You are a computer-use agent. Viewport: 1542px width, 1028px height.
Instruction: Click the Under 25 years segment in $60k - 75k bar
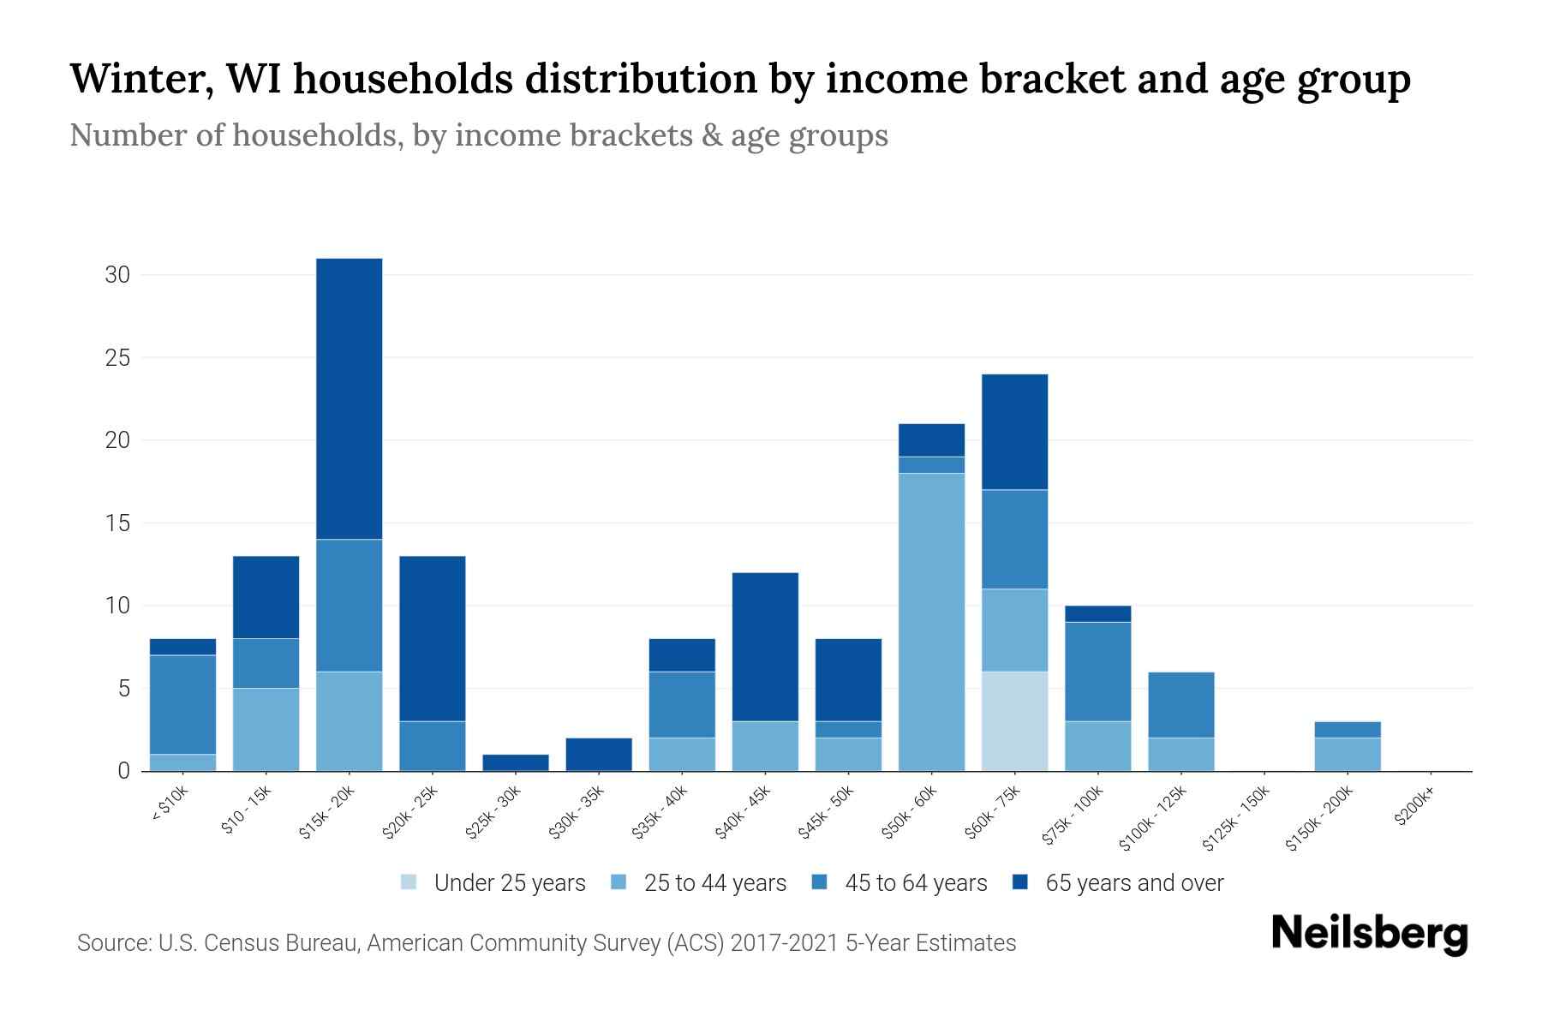point(1014,721)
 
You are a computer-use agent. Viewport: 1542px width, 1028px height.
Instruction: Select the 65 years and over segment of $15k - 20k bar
point(349,398)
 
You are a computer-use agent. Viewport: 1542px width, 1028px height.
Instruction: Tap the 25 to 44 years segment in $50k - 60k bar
point(931,622)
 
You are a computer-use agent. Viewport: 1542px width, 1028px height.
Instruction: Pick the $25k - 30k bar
point(516,762)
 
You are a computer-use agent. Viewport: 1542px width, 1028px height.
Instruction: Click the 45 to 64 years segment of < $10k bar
point(182,704)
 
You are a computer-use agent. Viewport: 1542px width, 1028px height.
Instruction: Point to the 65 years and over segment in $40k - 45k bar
point(765,647)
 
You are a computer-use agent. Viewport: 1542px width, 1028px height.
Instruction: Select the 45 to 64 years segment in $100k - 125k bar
point(1180,704)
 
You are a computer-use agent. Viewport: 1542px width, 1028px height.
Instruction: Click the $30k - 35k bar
point(599,754)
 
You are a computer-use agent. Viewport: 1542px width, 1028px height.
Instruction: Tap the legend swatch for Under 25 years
point(409,882)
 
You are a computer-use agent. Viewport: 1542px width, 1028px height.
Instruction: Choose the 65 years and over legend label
point(1134,883)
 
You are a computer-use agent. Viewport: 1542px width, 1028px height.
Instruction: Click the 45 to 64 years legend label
point(916,883)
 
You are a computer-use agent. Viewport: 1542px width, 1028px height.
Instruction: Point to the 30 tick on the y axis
point(117,275)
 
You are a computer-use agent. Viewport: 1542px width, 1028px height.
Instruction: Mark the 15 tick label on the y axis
point(117,523)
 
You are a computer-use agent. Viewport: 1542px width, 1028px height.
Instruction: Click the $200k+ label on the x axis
point(1413,810)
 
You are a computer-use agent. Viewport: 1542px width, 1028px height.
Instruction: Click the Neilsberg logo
point(1369,934)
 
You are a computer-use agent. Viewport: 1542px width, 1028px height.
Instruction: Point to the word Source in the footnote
point(111,943)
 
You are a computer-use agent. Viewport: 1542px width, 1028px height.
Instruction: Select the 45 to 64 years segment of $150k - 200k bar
point(1347,729)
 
